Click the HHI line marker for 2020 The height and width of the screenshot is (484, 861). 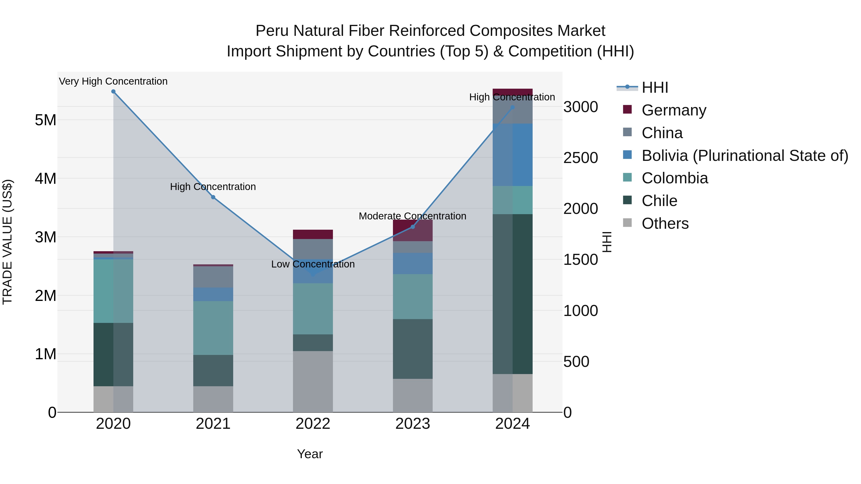[113, 92]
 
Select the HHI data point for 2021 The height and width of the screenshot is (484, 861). [213, 197]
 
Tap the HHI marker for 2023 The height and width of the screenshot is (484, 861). [413, 227]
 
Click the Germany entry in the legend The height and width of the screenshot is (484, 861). [673, 110]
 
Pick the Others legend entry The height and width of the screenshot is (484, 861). [665, 223]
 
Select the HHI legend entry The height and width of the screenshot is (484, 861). [654, 87]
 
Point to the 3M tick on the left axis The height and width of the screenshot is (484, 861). [45, 237]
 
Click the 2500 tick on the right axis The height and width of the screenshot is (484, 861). [580, 158]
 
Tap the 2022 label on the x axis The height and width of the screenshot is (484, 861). [313, 424]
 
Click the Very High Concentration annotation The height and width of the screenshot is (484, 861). [113, 82]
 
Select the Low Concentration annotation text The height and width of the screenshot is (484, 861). [313, 264]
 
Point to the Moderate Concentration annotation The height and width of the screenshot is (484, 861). [413, 216]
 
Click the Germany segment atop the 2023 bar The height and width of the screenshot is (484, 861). [413, 230]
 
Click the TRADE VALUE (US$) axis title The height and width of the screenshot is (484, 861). [7, 242]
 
